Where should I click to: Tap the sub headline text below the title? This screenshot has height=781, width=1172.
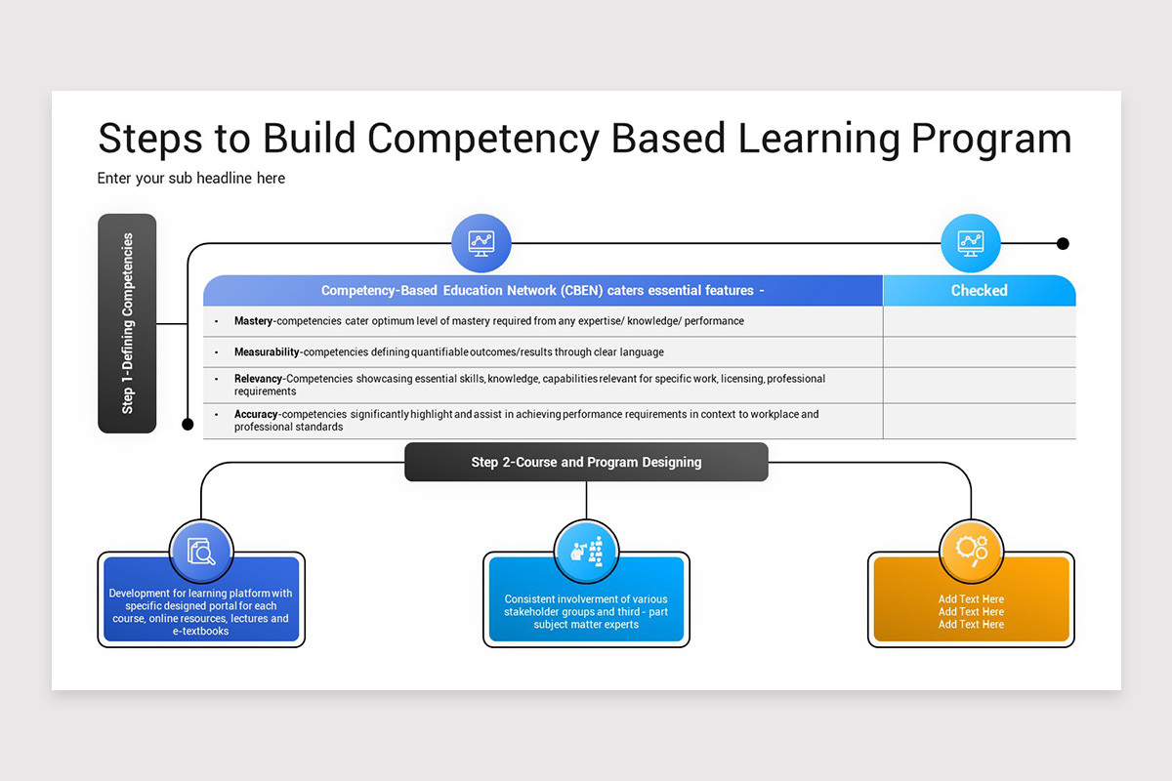(191, 178)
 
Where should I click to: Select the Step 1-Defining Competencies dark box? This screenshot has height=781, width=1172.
(127, 323)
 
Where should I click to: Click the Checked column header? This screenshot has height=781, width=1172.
(979, 290)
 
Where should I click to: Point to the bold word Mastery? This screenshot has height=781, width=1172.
(255, 321)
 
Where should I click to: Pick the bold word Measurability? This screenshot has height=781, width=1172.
(267, 351)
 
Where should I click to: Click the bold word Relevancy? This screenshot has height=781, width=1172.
(258, 379)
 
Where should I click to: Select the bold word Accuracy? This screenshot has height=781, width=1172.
(256, 414)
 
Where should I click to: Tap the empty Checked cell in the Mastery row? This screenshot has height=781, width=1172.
(979, 321)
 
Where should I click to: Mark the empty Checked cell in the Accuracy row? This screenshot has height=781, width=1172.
(979, 421)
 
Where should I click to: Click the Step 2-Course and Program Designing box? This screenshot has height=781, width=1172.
(586, 462)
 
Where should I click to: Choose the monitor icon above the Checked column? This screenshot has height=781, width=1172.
(971, 243)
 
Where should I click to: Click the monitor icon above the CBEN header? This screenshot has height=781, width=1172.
(481, 243)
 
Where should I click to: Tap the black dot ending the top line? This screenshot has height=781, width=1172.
(1063, 243)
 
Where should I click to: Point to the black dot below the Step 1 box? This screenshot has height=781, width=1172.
(188, 424)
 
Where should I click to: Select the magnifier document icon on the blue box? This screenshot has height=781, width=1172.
(200, 551)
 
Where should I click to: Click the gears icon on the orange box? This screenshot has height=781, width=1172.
(972, 551)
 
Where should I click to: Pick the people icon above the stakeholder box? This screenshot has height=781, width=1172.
(586, 551)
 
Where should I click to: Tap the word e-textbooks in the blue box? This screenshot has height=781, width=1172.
(201, 632)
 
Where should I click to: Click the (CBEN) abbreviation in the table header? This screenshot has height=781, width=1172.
(582, 290)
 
